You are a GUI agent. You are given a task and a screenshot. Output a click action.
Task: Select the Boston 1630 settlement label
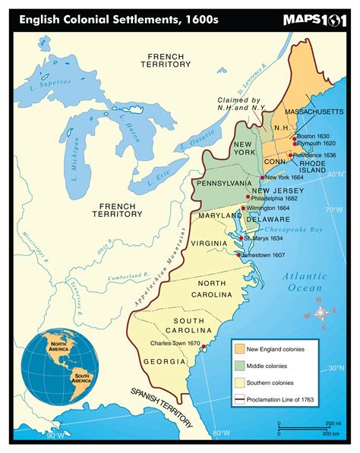click(312, 136)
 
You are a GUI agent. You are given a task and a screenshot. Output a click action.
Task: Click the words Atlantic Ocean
click(306, 282)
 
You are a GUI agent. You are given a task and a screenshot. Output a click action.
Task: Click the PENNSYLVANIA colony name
click(224, 184)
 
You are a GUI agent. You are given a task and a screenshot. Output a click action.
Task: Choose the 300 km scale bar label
click(331, 434)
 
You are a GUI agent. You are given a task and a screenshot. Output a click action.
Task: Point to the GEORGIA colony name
click(165, 361)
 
